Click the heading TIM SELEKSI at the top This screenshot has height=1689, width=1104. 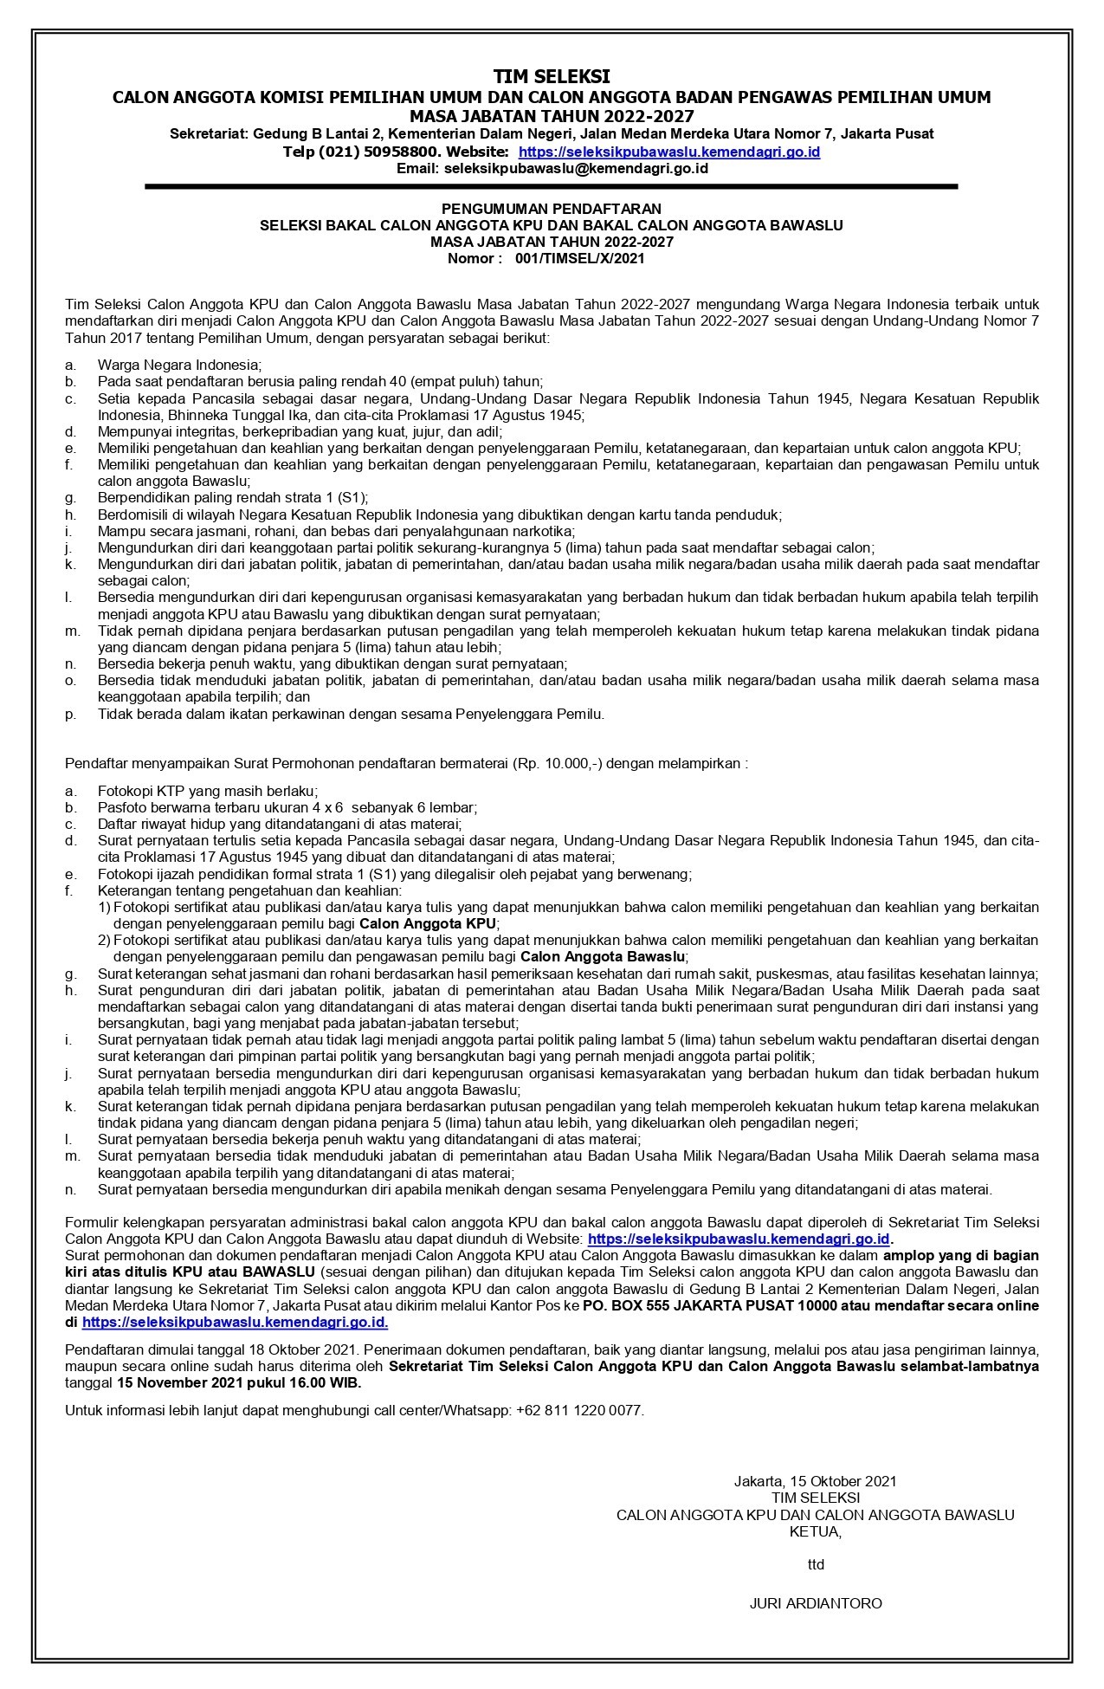(552, 76)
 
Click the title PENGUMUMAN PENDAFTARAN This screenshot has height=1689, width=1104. (552, 209)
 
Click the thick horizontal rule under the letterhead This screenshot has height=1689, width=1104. (552, 186)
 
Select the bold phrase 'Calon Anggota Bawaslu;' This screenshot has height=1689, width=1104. (604, 957)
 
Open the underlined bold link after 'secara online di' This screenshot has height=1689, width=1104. (235, 1323)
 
